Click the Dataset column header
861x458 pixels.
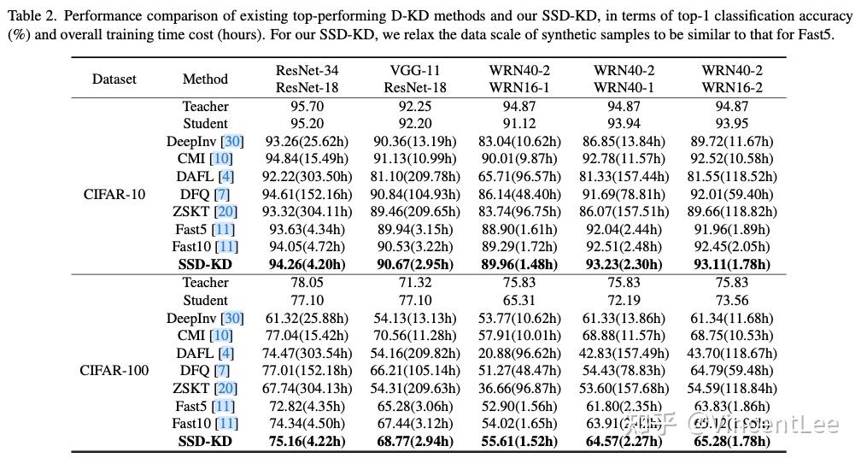pyautogui.click(x=114, y=79)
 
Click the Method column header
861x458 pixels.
pyautogui.click(x=205, y=79)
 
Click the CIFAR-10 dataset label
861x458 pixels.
pyautogui.click(x=114, y=194)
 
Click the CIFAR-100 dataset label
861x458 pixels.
pyautogui.click(x=114, y=371)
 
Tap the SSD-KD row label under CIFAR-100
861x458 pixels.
pyautogui.click(x=205, y=441)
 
